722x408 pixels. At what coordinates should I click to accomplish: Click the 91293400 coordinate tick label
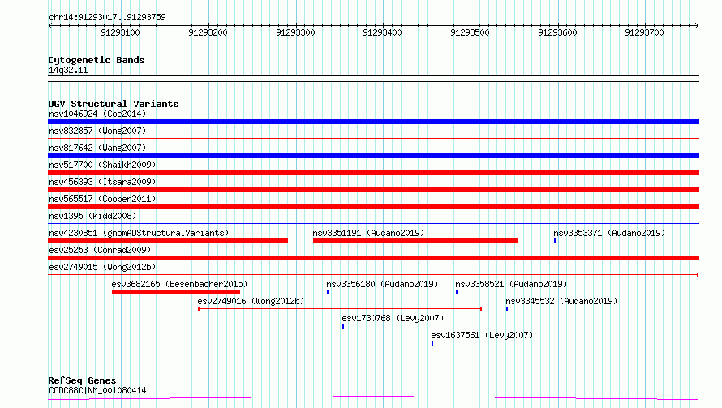pos(382,32)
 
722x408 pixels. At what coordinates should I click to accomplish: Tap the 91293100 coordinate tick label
pos(120,32)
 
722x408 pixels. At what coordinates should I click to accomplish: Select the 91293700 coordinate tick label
pos(644,32)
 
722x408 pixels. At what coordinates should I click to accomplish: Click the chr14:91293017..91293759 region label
pos(107,18)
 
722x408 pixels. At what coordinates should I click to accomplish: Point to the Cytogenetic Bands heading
pos(97,60)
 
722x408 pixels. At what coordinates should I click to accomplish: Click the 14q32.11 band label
pos(68,70)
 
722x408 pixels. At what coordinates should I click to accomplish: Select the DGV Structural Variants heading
pos(114,104)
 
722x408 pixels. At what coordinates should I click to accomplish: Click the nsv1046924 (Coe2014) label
pos(97,114)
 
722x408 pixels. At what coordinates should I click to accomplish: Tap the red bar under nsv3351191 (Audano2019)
pos(416,241)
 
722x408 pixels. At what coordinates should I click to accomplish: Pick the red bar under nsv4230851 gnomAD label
pos(168,241)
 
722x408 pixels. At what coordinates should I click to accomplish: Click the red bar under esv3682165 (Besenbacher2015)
pos(176,292)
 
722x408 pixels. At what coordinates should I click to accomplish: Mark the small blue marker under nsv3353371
pos(555,241)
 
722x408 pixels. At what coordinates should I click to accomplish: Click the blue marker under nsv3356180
pos(329,292)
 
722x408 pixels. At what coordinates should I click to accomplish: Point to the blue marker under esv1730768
pos(343,326)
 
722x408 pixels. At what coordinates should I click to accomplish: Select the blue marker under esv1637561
pos(432,343)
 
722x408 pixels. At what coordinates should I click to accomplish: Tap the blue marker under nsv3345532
pos(507,309)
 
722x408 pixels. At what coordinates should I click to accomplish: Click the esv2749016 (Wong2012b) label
pos(251,301)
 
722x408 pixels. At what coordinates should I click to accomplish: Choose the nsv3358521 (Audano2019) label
pos(511,284)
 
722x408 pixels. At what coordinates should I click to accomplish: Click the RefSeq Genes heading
pos(83,380)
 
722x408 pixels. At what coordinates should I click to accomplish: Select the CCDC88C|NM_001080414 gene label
pos(97,390)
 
